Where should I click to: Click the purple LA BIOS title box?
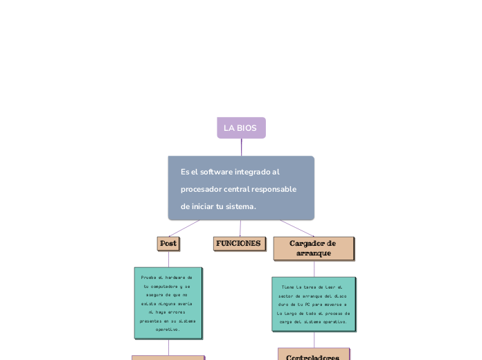pos(240,128)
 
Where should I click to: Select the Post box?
pos(168,244)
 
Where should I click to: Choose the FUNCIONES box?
pos(239,244)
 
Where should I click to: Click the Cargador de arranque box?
pos(313,248)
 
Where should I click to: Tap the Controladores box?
pos(313,356)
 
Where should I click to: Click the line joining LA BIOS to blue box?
pos(242,147)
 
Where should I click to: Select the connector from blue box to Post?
pos(184,228)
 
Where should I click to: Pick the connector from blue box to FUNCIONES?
pos(240,228)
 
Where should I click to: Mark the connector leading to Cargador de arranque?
pos(296,228)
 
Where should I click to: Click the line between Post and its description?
pos(168,258)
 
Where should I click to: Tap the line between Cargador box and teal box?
pos(314,269)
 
